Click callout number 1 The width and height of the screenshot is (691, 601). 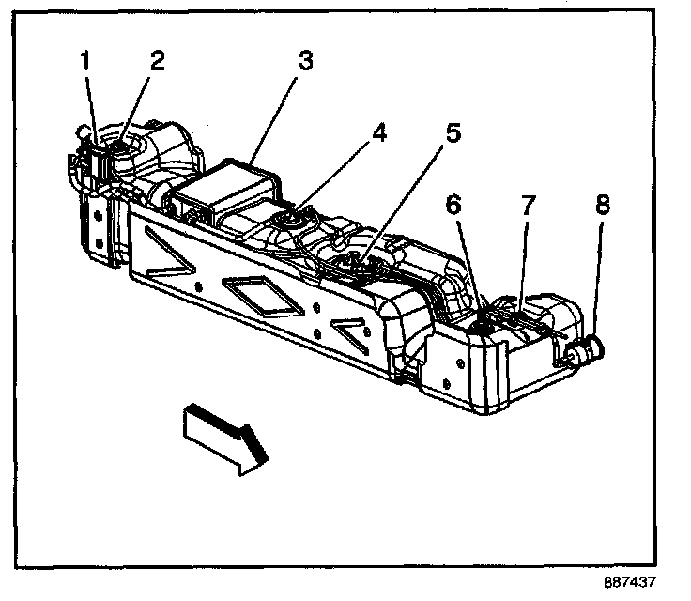click(85, 62)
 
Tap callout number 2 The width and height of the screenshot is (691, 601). click(157, 62)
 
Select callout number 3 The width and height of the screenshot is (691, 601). click(305, 62)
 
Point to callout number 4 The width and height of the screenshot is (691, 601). click(378, 132)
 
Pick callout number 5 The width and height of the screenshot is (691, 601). click(453, 132)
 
